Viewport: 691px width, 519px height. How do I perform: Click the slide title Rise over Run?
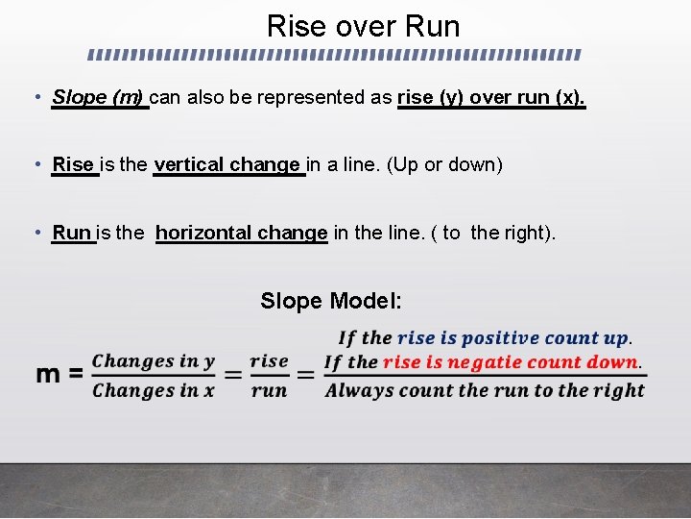363,26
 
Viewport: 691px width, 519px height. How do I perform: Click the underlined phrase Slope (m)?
99,97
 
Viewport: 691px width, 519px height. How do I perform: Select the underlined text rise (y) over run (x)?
490,97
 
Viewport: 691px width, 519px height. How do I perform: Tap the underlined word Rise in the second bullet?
74,164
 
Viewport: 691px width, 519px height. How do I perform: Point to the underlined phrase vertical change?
228,164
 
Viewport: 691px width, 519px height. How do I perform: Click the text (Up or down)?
443,164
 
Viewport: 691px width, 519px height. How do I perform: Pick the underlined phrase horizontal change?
241,233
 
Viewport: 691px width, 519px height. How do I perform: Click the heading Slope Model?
331,301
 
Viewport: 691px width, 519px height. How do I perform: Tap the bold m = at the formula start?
60,374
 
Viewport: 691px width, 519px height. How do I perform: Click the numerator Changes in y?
154,361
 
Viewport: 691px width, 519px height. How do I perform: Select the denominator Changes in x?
154,390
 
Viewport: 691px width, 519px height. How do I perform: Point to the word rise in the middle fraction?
269,361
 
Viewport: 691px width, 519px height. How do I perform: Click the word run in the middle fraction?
269,390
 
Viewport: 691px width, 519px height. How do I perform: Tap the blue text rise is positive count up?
512,338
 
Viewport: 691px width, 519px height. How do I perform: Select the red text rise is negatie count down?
510,362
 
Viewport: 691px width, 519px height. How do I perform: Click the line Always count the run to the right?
485,390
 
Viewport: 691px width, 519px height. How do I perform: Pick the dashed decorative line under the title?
336,54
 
